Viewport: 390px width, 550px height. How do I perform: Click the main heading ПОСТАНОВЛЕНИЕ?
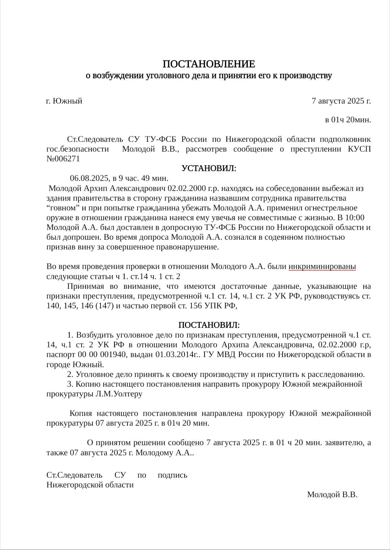[209, 64]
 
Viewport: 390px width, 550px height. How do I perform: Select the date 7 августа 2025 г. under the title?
[341, 101]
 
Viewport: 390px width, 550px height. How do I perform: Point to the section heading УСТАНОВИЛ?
[209, 168]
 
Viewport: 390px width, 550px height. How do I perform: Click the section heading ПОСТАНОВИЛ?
[209, 325]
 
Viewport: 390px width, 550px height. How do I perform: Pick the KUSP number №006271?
[63, 159]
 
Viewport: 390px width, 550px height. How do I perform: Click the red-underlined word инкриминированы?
[322, 267]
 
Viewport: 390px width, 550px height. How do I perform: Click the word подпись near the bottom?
[172, 475]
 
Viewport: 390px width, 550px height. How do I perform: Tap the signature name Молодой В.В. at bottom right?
[332, 495]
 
